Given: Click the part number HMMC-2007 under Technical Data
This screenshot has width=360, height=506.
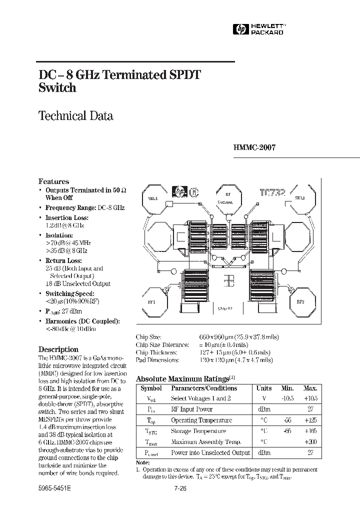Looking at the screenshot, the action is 254,148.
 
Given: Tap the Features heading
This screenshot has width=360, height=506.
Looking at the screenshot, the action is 54,181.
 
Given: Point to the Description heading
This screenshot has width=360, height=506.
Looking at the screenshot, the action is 58,349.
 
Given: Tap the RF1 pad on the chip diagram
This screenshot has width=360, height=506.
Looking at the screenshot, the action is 152,302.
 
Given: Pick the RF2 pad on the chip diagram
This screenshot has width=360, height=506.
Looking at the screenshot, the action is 300,302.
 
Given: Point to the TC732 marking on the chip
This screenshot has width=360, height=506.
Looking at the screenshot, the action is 272,192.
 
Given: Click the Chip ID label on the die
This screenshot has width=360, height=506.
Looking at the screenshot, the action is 225,308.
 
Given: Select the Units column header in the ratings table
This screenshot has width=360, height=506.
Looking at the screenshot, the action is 264,388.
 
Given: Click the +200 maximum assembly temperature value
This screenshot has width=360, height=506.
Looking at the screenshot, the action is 310,442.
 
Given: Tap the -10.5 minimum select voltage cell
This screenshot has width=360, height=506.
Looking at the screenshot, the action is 287,398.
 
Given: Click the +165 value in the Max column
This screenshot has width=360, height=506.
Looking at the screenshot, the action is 310,431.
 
